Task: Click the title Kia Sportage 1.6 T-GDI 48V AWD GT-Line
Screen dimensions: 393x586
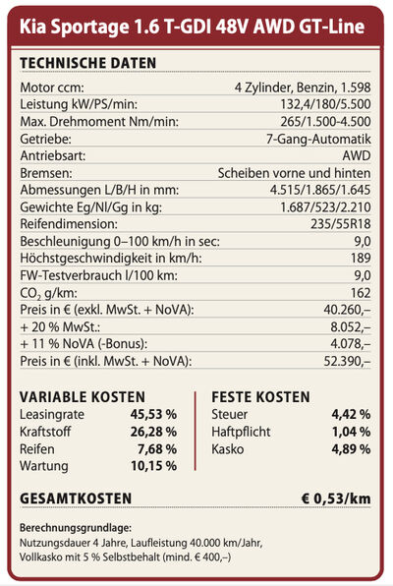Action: tap(192, 27)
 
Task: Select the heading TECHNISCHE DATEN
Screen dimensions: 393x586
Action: tap(87, 63)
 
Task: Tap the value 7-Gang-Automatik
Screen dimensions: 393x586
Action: tap(318, 139)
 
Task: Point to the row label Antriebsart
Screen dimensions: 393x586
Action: tap(53, 156)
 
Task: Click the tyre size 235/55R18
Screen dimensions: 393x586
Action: tap(341, 224)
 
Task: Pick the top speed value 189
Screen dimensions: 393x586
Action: tap(361, 258)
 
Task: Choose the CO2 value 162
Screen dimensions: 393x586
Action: tap(361, 293)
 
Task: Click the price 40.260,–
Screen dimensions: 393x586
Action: tap(347, 310)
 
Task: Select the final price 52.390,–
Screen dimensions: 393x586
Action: tap(347, 361)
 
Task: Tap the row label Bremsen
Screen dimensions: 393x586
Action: tap(46, 173)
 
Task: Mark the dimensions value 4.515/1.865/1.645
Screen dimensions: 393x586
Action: tap(320, 190)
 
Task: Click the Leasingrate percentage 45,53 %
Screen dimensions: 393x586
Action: tap(153, 414)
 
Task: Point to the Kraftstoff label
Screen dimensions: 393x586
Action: tap(45, 432)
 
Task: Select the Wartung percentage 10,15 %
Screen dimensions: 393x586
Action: tap(153, 466)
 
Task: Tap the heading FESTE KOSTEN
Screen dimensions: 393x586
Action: tap(260, 397)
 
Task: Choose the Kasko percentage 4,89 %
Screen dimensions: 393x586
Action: tap(351, 449)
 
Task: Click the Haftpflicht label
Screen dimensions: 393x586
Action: tap(241, 432)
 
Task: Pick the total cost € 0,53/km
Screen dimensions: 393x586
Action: tap(336, 498)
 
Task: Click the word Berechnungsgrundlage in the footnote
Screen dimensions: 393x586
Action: tap(76, 528)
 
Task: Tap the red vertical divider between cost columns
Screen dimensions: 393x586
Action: tap(195, 431)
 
